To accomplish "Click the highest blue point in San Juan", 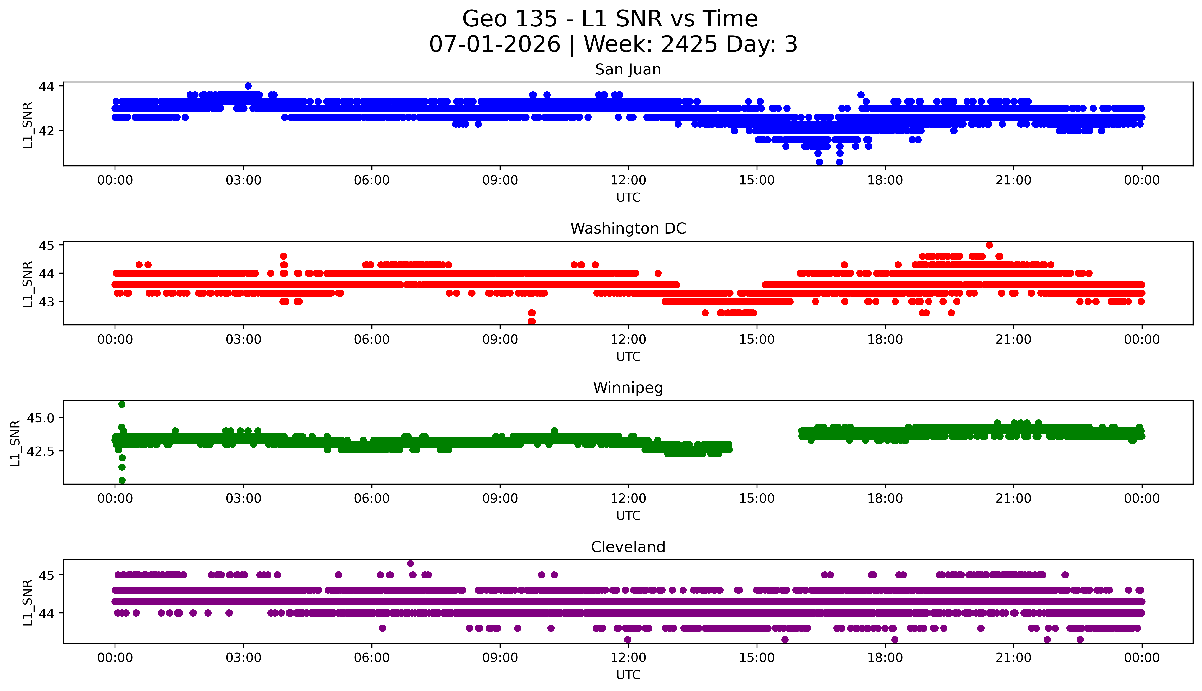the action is [248, 86].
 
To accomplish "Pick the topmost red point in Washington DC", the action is [989, 245].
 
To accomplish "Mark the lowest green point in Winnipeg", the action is [122, 480].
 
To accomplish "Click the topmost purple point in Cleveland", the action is [410, 563].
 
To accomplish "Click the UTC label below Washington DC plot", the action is [628, 356].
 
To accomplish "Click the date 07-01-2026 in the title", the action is [495, 44].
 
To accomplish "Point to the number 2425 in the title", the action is [689, 44].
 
